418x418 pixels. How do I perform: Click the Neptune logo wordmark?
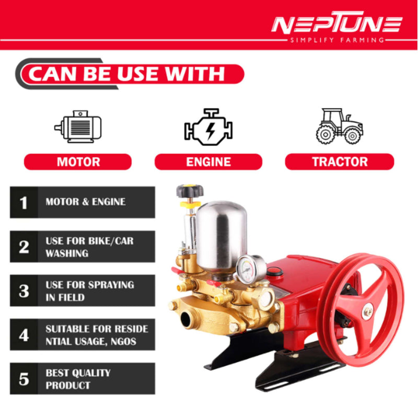tap(336, 24)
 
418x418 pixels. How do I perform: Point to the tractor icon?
tap(339, 126)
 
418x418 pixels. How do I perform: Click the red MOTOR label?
tap(78, 161)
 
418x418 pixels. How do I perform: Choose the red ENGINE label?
tap(208, 161)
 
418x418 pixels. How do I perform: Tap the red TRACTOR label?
tap(339, 161)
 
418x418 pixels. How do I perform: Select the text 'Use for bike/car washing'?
tap(89, 247)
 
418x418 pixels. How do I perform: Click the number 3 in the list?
tap(24, 291)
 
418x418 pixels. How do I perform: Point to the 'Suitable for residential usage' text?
tap(97, 335)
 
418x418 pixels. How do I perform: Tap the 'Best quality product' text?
tap(78, 379)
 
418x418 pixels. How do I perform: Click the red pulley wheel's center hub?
tap(368, 312)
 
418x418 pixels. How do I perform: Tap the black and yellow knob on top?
tap(189, 191)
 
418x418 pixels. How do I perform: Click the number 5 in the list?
tap(24, 379)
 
